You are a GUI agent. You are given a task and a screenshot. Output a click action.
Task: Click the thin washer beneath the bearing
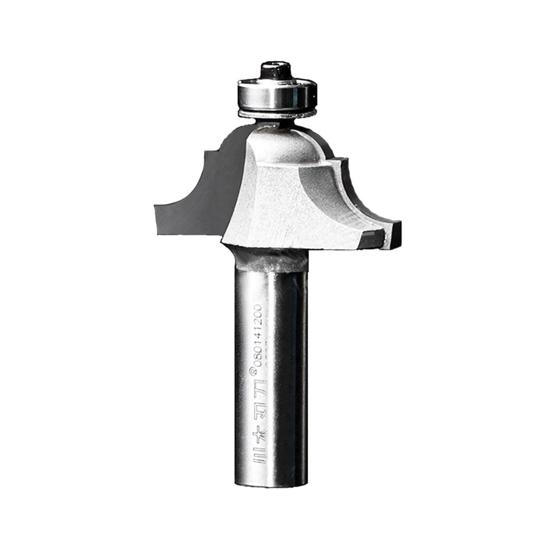click(x=276, y=114)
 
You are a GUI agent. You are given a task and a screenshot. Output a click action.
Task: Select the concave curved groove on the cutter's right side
click(x=330, y=189)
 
